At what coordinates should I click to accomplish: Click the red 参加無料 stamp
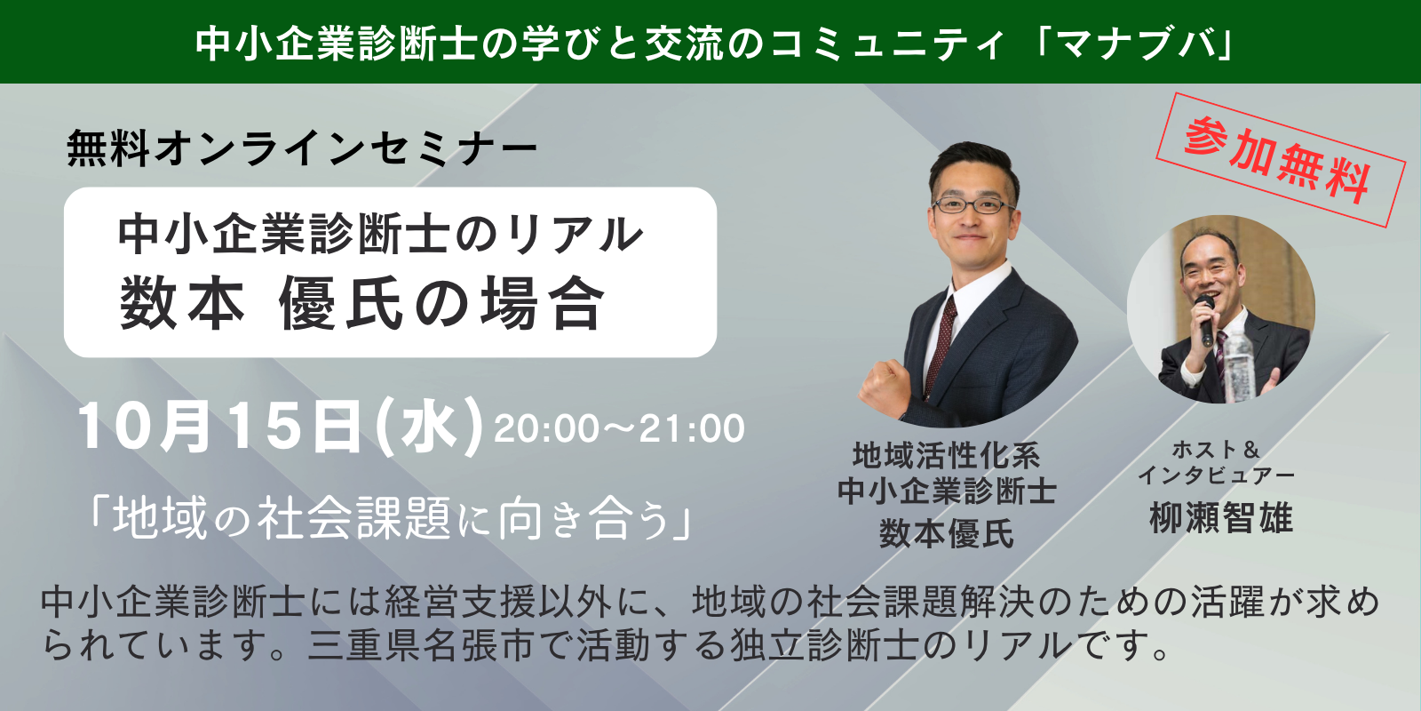[x=1280, y=160]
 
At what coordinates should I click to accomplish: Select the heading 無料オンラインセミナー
[x=302, y=148]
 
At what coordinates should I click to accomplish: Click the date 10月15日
[x=218, y=427]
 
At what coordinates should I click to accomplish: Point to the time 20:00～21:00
[x=619, y=428]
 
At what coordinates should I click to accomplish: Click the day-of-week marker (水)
[x=429, y=427]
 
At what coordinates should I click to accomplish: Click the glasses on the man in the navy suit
[x=972, y=205]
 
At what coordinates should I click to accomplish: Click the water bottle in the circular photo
[x=1238, y=365]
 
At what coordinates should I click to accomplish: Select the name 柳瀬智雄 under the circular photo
[x=1221, y=518]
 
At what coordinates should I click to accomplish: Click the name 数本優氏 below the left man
[x=947, y=532]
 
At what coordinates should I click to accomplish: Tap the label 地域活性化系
[x=947, y=455]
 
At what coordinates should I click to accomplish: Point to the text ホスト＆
[x=1216, y=450]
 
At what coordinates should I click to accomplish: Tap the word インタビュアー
[x=1216, y=475]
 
